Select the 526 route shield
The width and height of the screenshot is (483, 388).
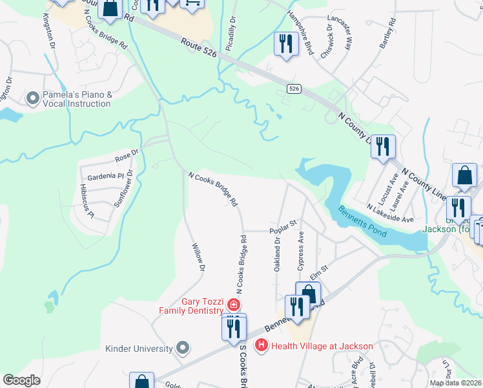tap(294, 89)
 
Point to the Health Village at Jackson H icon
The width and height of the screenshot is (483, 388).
tap(262, 346)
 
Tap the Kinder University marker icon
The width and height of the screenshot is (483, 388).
tap(183, 349)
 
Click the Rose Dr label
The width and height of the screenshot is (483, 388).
tap(127, 155)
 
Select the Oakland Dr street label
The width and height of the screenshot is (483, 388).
tap(277, 253)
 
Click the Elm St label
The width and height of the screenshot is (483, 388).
tap(320, 267)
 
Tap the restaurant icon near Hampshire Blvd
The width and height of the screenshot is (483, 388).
tap(284, 43)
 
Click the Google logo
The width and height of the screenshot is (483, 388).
tap(22, 380)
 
